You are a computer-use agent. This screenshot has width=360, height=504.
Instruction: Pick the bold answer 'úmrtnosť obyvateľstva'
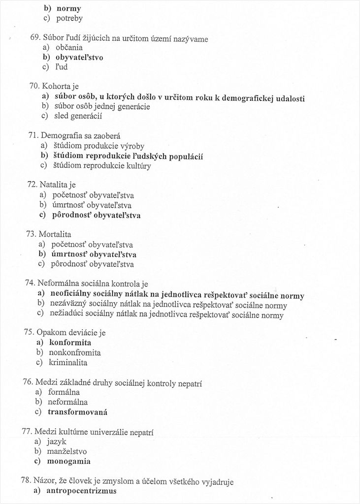coord(94,254)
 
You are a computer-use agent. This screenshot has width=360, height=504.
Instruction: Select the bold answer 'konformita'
coord(70,343)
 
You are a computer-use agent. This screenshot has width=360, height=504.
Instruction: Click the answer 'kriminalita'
coord(68,363)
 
